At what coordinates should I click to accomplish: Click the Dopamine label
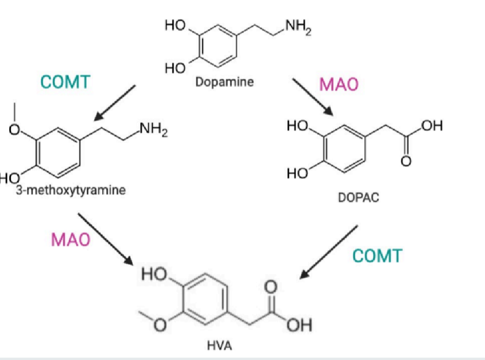tap(225, 82)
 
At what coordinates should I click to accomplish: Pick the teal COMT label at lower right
tap(377, 255)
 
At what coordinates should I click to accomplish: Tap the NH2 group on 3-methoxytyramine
tap(153, 126)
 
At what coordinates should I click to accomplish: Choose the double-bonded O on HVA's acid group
tap(273, 285)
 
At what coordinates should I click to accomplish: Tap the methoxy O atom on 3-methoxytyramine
tap(16, 131)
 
